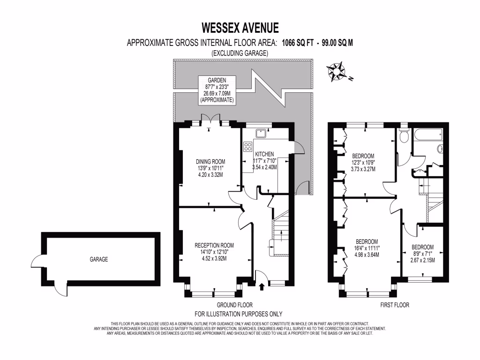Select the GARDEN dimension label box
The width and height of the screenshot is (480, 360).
point(217,90)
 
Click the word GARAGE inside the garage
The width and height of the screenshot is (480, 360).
point(99,259)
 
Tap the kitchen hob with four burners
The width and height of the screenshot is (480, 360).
point(248,147)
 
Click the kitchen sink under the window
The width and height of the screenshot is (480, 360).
point(261,134)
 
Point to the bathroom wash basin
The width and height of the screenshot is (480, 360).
point(440,149)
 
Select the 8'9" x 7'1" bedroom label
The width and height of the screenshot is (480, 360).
point(422,254)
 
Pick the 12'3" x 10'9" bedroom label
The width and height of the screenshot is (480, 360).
point(363,163)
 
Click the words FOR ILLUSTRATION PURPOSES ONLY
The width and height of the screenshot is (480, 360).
point(238,314)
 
